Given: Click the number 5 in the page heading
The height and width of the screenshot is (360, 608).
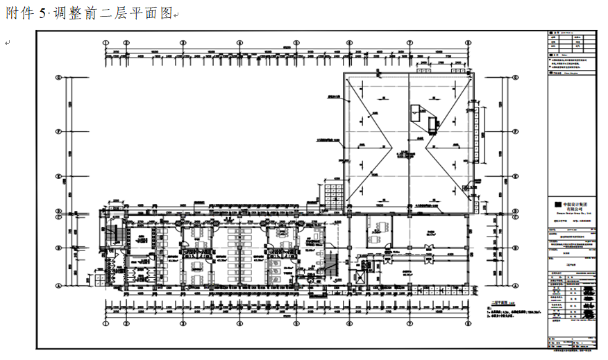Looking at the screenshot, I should [43, 14].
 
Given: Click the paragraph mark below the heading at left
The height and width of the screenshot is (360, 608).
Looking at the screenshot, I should [7, 43].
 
